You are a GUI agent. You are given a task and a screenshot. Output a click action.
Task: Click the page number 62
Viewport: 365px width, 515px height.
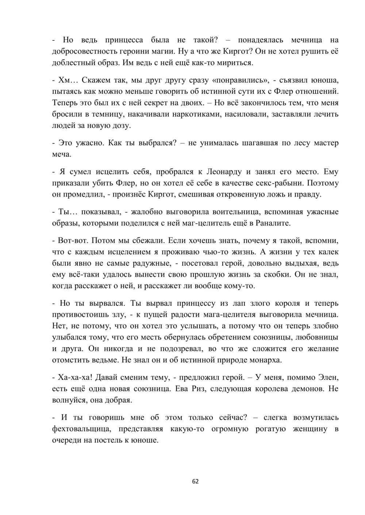pos(195,481)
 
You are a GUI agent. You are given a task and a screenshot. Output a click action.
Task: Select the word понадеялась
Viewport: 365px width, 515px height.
pos(259,40)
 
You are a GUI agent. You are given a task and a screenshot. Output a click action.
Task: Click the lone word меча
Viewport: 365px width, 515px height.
pos(61,154)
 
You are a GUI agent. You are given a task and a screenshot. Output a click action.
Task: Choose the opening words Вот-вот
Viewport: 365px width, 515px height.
pos(72,240)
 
